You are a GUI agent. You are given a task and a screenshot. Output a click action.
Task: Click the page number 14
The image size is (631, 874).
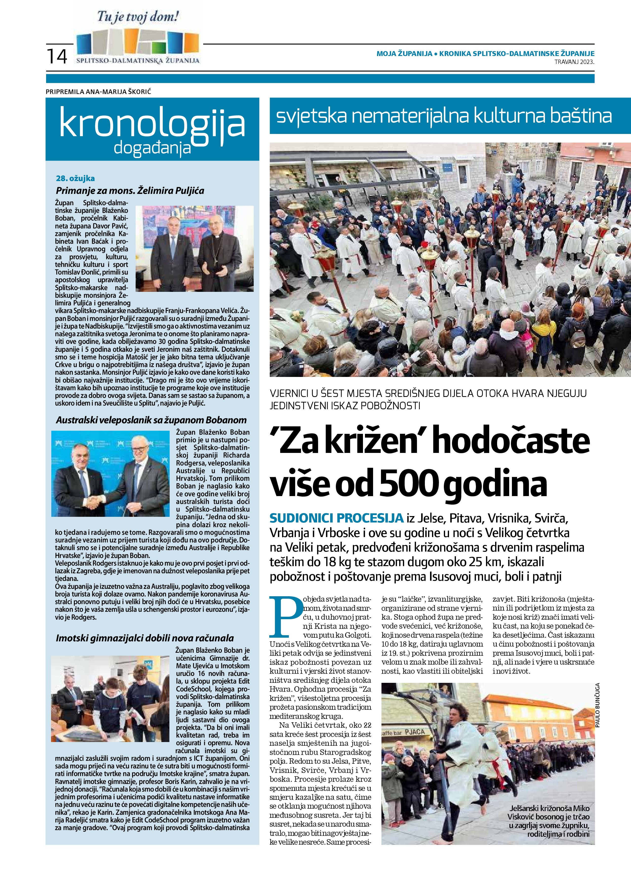[x=57, y=56]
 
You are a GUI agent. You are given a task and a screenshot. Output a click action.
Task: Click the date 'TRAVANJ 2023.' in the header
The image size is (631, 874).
[x=574, y=62]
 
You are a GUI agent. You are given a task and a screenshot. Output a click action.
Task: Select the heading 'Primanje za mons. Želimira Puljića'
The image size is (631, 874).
[x=130, y=190]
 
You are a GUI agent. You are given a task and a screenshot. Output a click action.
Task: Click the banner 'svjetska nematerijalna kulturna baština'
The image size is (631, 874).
[x=444, y=116]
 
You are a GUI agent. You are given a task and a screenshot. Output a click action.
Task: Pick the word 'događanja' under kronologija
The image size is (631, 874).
[x=153, y=147]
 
